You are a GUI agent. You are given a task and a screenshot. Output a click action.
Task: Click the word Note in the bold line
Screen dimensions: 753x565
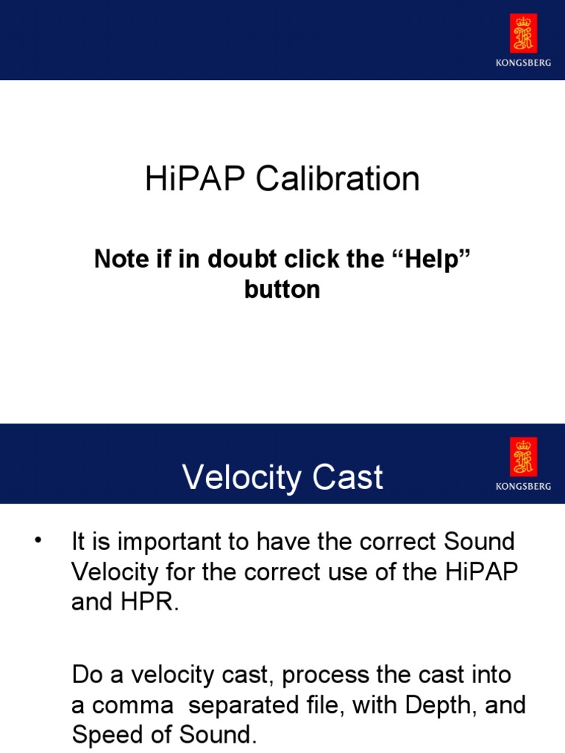click(x=117, y=259)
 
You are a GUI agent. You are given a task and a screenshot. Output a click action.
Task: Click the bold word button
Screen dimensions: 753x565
click(x=282, y=289)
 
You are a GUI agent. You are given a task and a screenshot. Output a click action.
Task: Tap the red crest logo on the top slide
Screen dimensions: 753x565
click(x=523, y=34)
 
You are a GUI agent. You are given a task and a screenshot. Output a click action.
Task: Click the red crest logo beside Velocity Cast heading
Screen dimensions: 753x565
click(x=523, y=457)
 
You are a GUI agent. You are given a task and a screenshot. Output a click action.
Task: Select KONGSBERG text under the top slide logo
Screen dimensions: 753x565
click(x=523, y=63)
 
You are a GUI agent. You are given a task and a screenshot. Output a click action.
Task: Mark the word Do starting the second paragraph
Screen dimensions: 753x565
click(x=85, y=675)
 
